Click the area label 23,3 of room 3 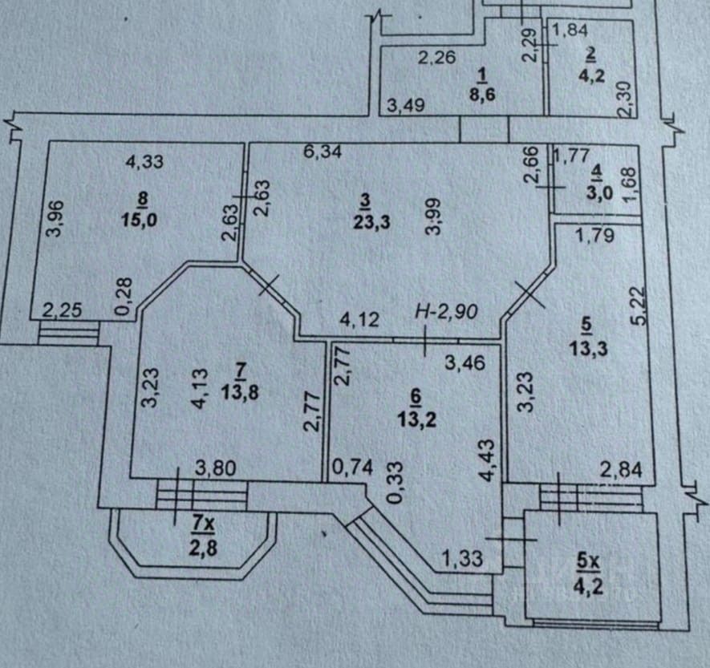click(371, 222)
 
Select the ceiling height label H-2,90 click(446, 311)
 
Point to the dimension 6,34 click(323, 152)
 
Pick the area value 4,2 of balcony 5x click(588, 588)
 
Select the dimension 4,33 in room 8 click(144, 161)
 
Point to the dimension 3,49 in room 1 click(406, 105)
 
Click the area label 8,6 click(482, 95)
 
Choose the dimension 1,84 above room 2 click(570, 30)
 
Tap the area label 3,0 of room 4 click(600, 192)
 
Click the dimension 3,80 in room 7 click(216, 468)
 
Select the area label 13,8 click(241, 392)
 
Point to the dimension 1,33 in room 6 click(462, 558)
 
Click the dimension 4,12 click(359, 320)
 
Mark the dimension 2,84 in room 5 click(621, 470)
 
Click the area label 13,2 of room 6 click(417, 419)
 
